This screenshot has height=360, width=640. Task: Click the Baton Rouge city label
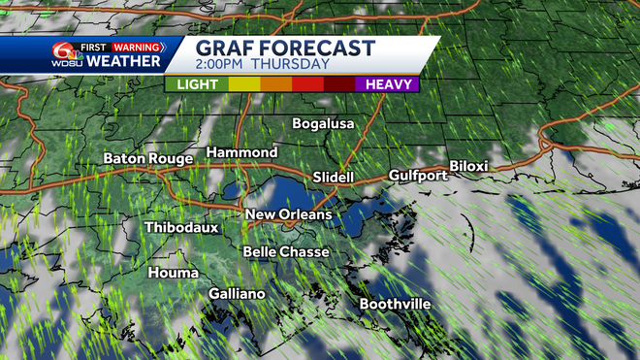pos(148,159)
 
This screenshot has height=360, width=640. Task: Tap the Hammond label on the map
pos(242,153)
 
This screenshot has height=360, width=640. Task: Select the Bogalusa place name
pos(324,124)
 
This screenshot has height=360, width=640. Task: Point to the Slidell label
pos(335,178)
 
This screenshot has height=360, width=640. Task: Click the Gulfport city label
pos(418,176)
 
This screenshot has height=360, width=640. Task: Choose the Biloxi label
pos(468,166)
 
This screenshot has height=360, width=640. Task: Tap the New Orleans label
pos(288,214)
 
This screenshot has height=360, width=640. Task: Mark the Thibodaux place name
pos(181,228)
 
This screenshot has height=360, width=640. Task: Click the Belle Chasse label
pos(285,252)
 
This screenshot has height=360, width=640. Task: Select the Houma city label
pos(174,274)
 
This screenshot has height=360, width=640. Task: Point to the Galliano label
pos(237,293)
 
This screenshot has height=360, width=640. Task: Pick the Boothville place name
pos(395,305)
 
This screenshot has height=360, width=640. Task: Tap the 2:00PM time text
pos(220,66)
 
